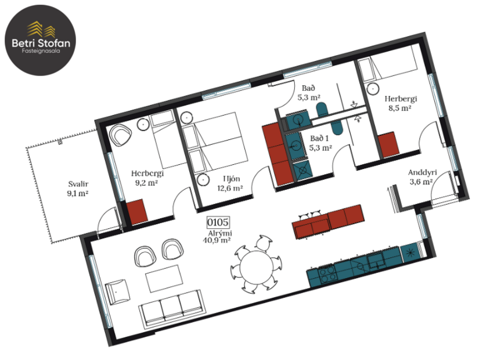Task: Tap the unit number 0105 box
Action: pyautogui.click(x=218, y=222)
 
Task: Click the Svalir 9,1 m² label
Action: pyautogui.click(x=77, y=190)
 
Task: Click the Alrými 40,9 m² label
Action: pyautogui.click(x=217, y=237)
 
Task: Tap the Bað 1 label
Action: pyautogui.click(x=320, y=143)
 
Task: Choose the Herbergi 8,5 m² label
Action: pyautogui.click(x=398, y=103)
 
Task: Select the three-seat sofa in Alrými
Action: pyautogui.click(x=171, y=307)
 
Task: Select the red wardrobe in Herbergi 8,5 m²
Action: pyautogui.click(x=387, y=145)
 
